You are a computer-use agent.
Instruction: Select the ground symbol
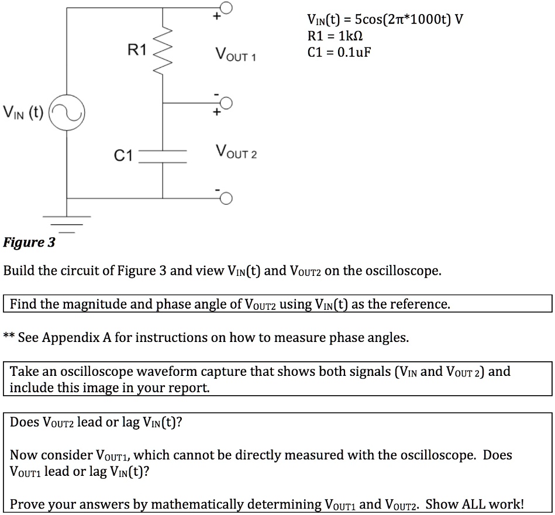click(x=66, y=224)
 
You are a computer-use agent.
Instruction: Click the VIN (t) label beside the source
click(x=24, y=111)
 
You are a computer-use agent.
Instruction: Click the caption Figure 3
click(x=29, y=242)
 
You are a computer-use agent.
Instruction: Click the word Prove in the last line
click(x=26, y=504)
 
